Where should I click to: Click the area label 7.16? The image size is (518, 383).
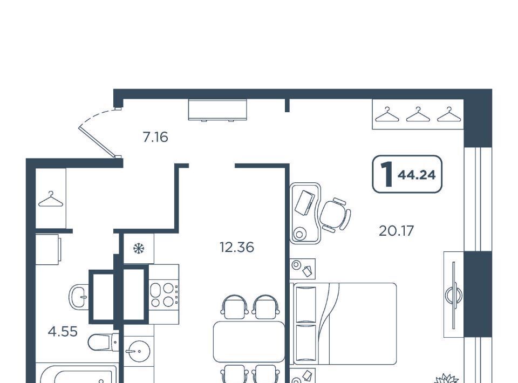coord(155,136)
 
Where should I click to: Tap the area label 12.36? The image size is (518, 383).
coord(237,247)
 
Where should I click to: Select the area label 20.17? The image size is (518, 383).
coord(396,231)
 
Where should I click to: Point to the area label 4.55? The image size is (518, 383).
coord(63,331)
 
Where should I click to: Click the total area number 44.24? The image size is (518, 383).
coord(417,175)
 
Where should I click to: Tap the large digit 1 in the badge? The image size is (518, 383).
coord(386,174)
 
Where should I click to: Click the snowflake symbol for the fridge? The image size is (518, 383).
coord(139,248)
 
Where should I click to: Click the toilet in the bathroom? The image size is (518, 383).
coord(103,342)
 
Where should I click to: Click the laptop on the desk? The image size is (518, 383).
coord(304,202)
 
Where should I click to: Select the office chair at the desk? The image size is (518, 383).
coord(335,215)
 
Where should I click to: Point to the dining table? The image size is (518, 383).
coord(249,341)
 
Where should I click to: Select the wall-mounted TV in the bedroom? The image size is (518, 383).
coord(454,295)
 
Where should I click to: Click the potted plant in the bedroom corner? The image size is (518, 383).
coord(446,378)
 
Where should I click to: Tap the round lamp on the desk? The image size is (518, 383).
coord(299,234)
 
